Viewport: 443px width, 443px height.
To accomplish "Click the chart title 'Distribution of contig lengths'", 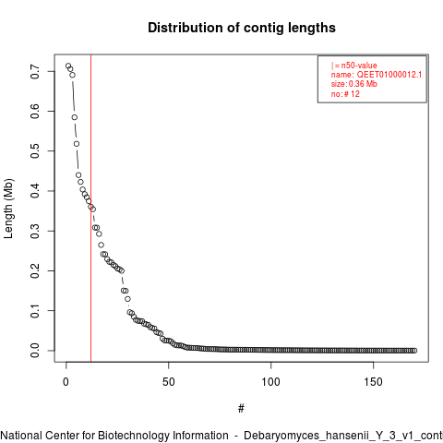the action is click(x=242, y=28).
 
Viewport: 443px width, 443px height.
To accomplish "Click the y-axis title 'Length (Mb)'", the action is click(x=8, y=209).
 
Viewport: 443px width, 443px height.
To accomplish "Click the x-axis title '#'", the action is click(x=241, y=409).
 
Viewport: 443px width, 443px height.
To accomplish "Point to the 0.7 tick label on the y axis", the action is click(x=35, y=71).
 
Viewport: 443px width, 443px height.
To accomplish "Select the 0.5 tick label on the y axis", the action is click(x=35, y=150).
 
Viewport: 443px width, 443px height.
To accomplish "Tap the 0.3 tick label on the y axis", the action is click(x=35, y=231).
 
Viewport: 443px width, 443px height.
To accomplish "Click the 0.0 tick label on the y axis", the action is click(x=35, y=351).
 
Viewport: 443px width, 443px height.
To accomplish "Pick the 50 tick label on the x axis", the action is click(x=169, y=382).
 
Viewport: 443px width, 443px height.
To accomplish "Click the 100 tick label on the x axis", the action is click(x=270, y=382).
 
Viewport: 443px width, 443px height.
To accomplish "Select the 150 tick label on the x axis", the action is click(x=373, y=382).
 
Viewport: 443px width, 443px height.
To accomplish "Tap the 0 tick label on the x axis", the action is click(x=66, y=382).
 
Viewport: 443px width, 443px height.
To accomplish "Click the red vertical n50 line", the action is click(x=90, y=209).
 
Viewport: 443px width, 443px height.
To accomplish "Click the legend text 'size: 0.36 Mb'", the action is click(x=354, y=84).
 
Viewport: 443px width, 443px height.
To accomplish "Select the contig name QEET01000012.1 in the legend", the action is click(x=389, y=75).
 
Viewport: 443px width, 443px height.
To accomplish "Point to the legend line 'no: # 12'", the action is click(x=345, y=94).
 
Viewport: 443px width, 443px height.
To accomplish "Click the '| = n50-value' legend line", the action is click(x=354, y=66).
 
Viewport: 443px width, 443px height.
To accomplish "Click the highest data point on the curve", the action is click(x=68, y=66).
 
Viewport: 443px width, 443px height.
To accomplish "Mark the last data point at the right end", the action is click(x=414, y=351).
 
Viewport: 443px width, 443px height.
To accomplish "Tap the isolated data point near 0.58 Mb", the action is click(x=75, y=117).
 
